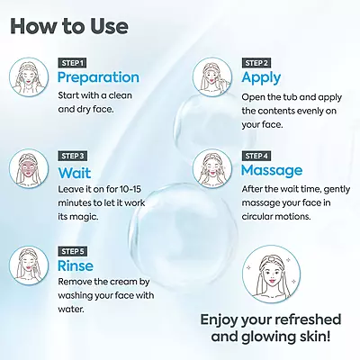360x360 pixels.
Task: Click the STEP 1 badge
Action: pos(72,63)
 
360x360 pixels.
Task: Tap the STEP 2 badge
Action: pos(256,63)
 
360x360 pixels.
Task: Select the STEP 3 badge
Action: pos(72,156)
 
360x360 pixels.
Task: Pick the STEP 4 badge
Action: pos(256,156)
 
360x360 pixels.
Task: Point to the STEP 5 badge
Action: pos(72,251)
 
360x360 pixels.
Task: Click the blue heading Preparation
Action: pos(98,78)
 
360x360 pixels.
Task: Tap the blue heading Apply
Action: pos(261,78)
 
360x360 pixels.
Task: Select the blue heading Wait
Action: pos(75,173)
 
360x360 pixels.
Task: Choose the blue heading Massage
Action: pos(272,171)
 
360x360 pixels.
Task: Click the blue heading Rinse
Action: pos(76,265)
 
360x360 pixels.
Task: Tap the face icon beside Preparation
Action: pos(29,77)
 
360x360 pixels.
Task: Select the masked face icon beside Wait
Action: pos(29,170)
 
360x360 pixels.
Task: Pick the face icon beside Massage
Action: pos(212,169)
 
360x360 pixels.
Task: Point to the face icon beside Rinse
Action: pos(29,265)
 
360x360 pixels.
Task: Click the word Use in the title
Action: pos(109,26)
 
